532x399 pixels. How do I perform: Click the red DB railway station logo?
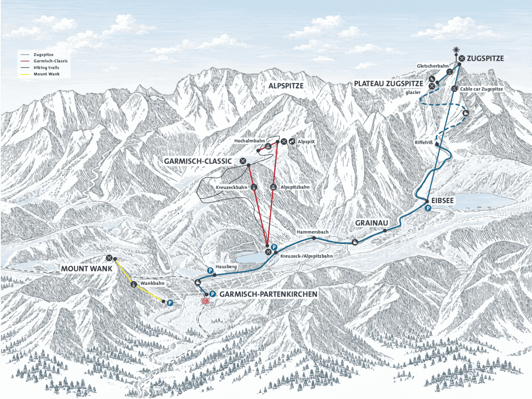pos(205,301)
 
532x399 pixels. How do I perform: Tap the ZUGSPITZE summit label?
pos(485,59)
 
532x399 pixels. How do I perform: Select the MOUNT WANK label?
pos(86,269)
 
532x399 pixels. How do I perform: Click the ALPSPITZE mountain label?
pos(286,86)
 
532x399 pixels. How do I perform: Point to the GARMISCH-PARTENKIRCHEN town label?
pos(268,294)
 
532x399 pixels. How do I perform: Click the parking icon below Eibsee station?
pos(428,208)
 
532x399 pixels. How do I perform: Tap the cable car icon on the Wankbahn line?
pos(133,284)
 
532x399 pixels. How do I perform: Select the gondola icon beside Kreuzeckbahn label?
pos(254,187)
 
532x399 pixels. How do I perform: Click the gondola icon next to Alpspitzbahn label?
pos(273,187)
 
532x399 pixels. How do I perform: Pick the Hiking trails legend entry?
pos(46,67)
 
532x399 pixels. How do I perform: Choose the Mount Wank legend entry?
pos(47,74)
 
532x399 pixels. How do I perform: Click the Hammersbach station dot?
pos(314,239)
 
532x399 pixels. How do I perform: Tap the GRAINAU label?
pos(372,223)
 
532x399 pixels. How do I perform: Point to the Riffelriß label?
pos(424,142)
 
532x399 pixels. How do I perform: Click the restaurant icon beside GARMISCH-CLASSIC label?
pos(243,161)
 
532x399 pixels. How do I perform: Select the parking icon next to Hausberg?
pos(210,270)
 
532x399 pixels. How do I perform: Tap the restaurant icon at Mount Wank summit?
pos(109,258)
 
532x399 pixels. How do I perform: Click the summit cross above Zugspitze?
pos(456,50)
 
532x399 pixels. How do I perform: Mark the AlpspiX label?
pos(306,142)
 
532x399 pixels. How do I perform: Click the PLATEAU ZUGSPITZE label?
pos(388,84)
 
